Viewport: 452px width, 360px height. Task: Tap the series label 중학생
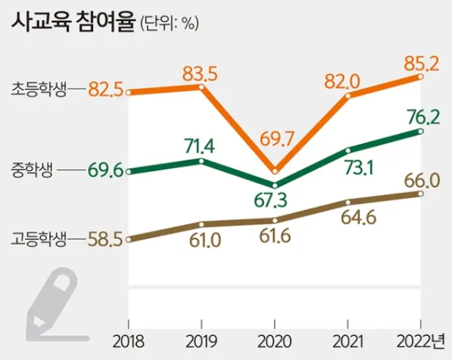click(31, 172)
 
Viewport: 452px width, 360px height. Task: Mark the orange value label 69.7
click(274, 140)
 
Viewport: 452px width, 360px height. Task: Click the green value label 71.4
click(200, 143)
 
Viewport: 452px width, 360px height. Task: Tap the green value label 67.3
click(274, 198)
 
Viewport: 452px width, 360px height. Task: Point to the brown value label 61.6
click(274, 239)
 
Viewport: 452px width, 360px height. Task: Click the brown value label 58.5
click(106, 240)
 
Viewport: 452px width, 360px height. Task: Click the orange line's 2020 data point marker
click(275, 171)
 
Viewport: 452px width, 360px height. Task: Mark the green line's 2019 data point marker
click(201, 160)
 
